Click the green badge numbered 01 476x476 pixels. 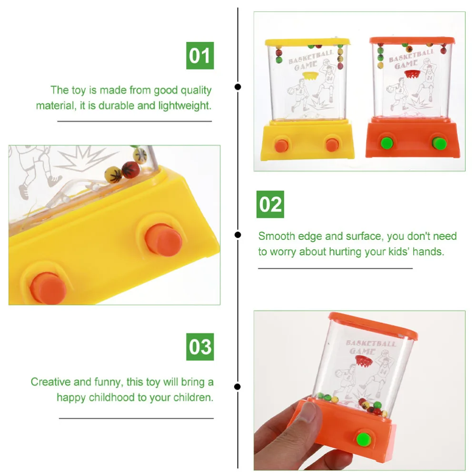pos(200,56)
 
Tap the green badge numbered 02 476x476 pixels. pos(270,205)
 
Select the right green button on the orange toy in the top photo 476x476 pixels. pos(437,142)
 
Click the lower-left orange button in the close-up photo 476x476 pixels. pos(48,288)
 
